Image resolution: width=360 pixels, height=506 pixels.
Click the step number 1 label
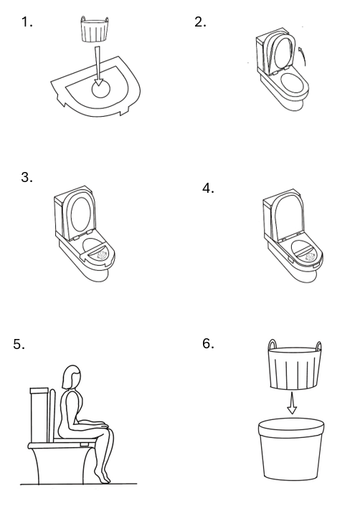pyautogui.click(x=27, y=22)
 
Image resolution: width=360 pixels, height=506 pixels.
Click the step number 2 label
pyautogui.click(x=200, y=22)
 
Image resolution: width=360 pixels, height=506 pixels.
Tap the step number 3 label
pyautogui.click(x=27, y=177)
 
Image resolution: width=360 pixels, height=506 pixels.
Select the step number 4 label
pyautogui.click(x=208, y=188)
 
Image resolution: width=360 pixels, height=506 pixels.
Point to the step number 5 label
pyautogui.click(x=19, y=344)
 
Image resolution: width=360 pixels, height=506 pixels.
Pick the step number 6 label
pyautogui.click(x=208, y=343)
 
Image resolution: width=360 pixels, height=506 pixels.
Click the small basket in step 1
pyautogui.click(x=93, y=29)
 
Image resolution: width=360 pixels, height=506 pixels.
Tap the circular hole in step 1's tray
pyautogui.click(x=100, y=88)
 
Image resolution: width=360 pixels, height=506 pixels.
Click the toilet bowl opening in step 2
pyautogui.click(x=292, y=83)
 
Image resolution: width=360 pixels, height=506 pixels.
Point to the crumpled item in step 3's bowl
pyautogui.click(x=102, y=255)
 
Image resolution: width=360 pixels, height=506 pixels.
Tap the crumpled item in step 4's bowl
pyautogui.click(x=310, y=257)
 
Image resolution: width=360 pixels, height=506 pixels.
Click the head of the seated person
pyautogui.click(x=71, y=377)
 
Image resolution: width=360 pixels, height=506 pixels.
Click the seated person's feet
pyautogui.click(x=103, y=477)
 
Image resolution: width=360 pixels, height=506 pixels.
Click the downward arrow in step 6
pyautogui.click(x=292, y=403)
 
